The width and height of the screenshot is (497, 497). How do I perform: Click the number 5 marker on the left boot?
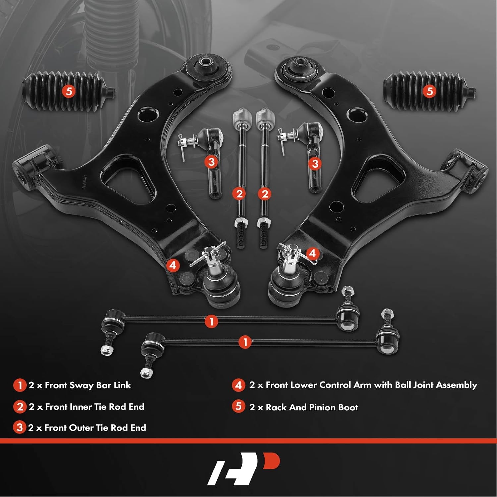point(69,91)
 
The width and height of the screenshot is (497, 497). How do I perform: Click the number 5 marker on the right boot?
point(430,91)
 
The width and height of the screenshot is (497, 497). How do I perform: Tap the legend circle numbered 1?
point(20,385)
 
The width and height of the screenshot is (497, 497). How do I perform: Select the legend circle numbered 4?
point(238,385)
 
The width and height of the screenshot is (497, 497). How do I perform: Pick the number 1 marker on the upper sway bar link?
point(211,321)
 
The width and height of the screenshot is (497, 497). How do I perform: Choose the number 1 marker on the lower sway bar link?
point(245,342)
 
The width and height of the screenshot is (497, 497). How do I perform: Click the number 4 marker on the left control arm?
point(173,265)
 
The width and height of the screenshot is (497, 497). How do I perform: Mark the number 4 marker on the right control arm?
point(312,254)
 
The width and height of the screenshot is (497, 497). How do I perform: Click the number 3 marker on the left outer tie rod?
point(211,162)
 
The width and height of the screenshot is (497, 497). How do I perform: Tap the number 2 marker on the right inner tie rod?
point(265,194)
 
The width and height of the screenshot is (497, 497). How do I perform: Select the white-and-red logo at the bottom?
point(244,469)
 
